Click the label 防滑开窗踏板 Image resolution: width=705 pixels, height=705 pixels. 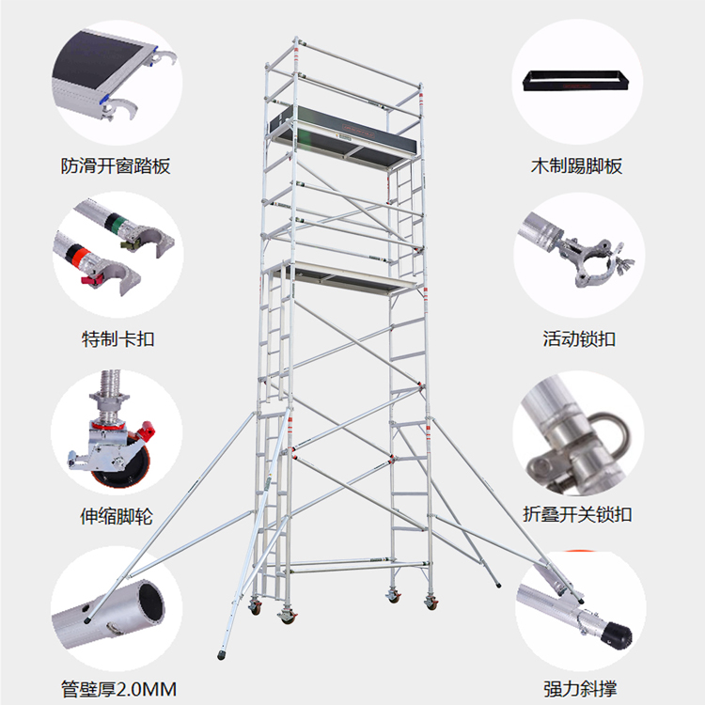coord(116,165)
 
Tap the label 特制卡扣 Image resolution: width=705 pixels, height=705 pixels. coord(117,338)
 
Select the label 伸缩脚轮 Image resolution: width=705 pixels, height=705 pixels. coord(117,516)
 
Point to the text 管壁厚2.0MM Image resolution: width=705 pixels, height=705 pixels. coord(118,689)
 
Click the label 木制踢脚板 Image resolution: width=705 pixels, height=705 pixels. coord(577,165)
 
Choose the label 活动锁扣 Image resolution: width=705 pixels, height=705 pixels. coord(579,338)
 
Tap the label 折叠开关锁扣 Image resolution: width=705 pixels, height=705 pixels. coord(577,514)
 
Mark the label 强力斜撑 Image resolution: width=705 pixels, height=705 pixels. coord(580,688)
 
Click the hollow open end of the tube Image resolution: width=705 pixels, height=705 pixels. coord(151,603)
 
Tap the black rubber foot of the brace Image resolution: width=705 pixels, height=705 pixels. coord(618,635)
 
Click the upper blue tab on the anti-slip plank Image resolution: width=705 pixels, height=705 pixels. coord(156,48)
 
